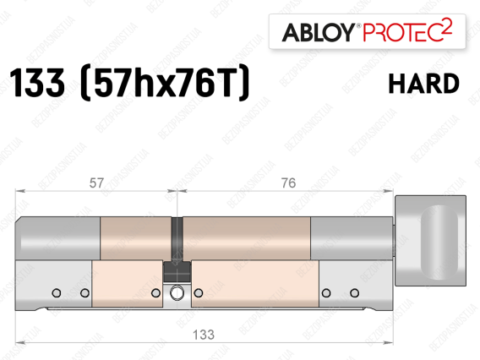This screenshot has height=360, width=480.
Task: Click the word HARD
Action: pyautogui.click(x=424, y=84)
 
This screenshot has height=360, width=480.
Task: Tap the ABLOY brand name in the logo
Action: pyautogui.click(x=319, y=32)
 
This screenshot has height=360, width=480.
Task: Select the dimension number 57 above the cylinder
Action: pyautogui.click(x=96, y=183)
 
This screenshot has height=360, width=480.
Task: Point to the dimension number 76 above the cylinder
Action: pyautogui.click(x=288, y=183)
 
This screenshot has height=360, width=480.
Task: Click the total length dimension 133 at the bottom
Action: pyautogui.click(x=204, y=335)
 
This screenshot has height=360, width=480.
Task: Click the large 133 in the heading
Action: pyautogui.click(x=37, y=82)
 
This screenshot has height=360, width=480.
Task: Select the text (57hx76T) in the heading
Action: pyautogui.click(x=165, y=82)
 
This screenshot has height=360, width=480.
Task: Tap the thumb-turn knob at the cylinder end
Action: pyautogui.click(x=430, y=241)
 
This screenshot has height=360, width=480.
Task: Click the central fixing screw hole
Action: pyautogui.click(x=177, y=293)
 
